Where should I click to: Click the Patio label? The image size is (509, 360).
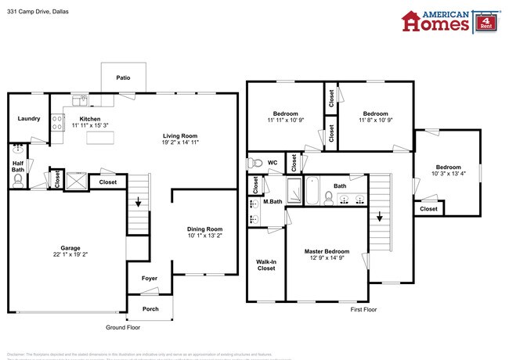[123, 78]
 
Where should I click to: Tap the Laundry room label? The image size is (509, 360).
[29, 119]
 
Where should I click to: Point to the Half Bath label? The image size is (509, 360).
[18, 166]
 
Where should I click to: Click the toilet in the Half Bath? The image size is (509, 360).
[18, 180]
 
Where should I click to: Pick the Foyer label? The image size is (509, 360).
[149, 279]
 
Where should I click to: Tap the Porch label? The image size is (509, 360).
[150, 308]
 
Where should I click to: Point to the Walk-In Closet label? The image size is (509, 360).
[266, 265]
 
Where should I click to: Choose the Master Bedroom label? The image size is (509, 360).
[327, 251]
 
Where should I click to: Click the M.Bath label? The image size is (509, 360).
[273, 202]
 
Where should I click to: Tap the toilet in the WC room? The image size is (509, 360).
[254, 164]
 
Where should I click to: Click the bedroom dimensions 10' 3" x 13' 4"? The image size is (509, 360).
[449, 175]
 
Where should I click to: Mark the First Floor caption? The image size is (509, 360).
[363, 310]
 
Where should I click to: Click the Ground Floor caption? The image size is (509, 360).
[124, 327]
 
